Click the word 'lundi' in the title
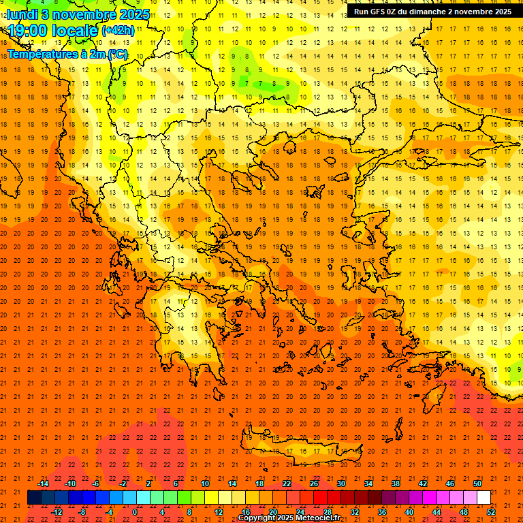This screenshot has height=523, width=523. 22,14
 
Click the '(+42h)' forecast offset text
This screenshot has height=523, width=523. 118,31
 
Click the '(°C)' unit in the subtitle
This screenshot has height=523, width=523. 116,54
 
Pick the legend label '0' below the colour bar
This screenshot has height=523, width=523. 135,512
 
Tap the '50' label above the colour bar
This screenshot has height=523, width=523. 477,484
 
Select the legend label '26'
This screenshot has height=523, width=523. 314,484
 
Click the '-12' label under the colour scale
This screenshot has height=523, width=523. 57,512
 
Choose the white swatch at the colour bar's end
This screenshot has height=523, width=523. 484,497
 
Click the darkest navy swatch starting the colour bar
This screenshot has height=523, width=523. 34,497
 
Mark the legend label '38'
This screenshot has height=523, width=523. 396,484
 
